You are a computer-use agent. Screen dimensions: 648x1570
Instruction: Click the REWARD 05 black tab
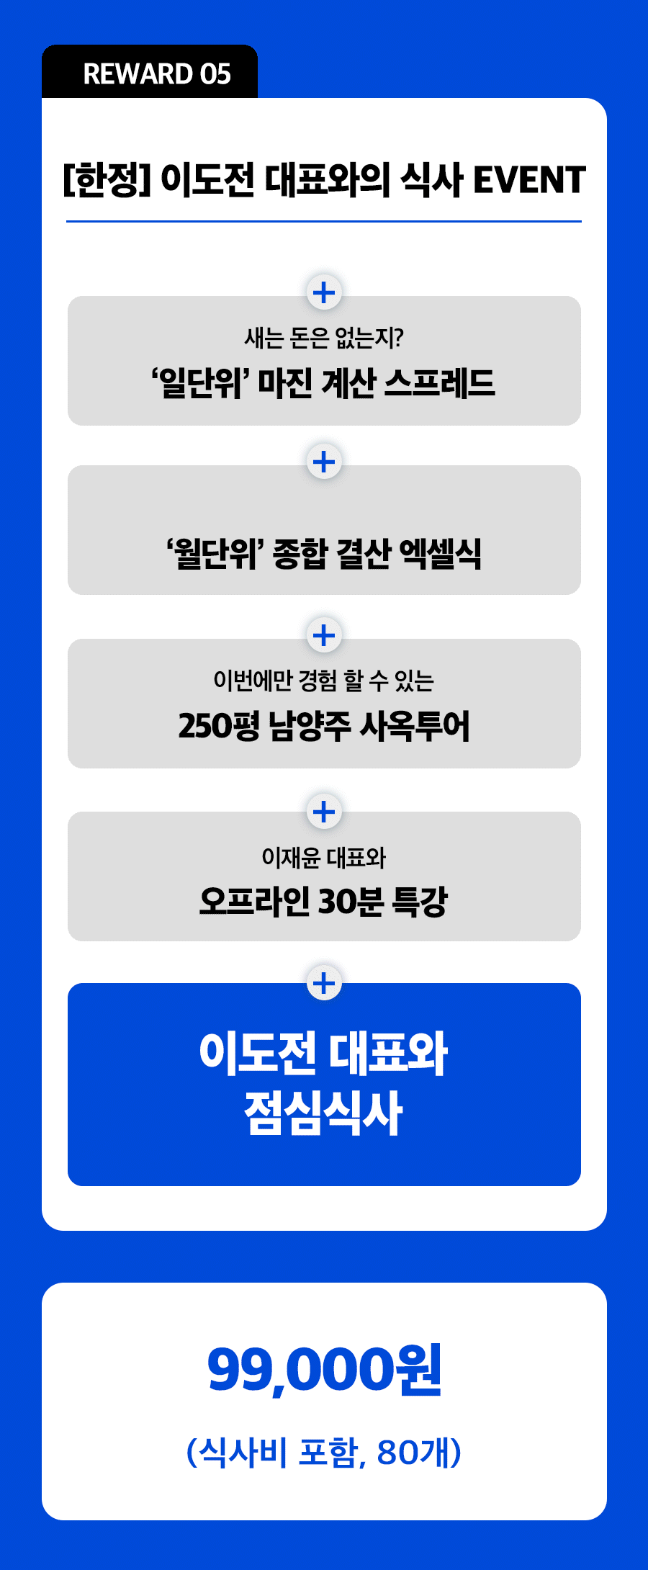(150, 72)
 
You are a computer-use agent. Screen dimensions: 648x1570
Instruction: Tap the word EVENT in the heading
(529, 180)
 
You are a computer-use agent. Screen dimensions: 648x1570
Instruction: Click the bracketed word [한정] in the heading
(107, 180)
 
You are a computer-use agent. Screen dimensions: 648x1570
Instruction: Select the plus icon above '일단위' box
(324, 292)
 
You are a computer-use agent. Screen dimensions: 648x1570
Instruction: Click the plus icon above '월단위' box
(324, 462)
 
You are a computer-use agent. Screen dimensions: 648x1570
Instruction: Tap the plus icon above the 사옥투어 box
(324, 635)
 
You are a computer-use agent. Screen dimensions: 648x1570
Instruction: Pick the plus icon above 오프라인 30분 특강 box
(324, 812)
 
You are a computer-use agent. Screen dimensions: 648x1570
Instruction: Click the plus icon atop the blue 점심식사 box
(324, 982)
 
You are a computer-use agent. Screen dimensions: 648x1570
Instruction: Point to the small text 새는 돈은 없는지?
(324, 337)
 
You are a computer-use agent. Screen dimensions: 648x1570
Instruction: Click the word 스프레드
(440, 382)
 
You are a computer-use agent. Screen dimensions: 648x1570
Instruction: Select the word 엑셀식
(441, 553)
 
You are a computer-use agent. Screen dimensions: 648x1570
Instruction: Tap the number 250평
(219, 725)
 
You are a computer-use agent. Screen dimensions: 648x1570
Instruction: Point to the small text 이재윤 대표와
(324, 857)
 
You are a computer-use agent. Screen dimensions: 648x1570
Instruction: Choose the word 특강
(420, 901)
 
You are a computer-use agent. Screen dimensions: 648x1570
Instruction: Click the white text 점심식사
(323, 1113)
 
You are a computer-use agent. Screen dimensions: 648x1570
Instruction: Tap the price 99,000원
(324, 1369)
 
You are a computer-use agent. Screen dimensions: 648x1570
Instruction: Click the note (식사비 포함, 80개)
(324, 1452)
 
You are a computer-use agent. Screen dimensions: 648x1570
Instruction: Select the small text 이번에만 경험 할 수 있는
(324, 680)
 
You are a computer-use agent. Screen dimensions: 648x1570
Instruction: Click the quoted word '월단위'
(214, 553)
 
